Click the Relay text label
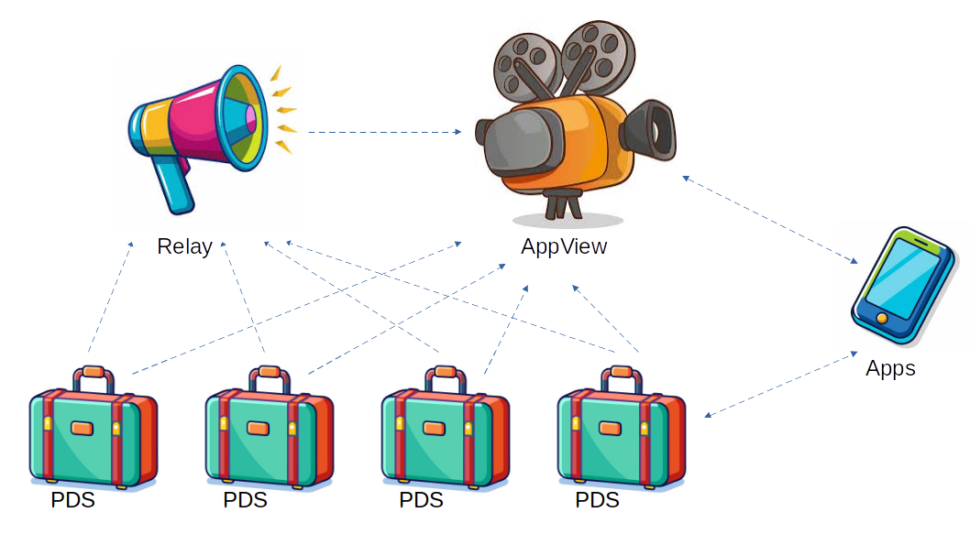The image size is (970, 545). click(184, 246)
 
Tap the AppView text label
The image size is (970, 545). click(564, 246)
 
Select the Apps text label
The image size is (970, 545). click(890, 368)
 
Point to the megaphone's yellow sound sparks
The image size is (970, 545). click(284, 110)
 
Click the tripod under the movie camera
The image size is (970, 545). click(561, 203)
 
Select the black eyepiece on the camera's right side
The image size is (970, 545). click(653, 128)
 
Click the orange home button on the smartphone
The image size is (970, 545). click(881, 318)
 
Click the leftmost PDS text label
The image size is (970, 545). click(72, 500)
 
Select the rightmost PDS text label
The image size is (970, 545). click(597, 500)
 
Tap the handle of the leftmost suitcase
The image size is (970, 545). click(93, 376)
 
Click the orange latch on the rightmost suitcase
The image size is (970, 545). click(610, 428)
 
